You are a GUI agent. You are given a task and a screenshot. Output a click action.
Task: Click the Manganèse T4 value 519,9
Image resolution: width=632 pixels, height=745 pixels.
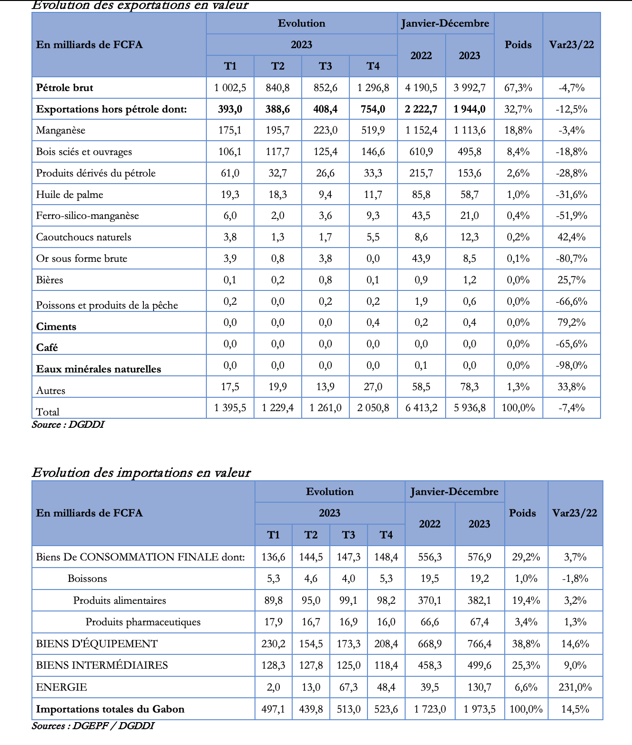(x=373, y=130)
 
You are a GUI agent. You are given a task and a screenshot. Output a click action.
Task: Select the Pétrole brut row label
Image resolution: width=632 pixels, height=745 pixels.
(x=64, y=88)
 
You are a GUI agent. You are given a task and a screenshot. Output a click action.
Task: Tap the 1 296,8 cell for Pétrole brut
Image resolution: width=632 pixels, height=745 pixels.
(x=373, y=88)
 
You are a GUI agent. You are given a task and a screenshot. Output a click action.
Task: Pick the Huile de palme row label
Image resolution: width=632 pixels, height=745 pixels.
(x=70, y=195)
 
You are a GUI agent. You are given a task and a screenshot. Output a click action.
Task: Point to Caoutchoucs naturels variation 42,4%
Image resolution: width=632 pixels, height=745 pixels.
(x=571, y=237)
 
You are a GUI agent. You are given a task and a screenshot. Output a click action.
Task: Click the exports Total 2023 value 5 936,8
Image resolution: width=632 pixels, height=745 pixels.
(x=469, y=408)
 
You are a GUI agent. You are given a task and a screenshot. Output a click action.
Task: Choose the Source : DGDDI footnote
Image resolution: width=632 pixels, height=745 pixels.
(x=68, y=424)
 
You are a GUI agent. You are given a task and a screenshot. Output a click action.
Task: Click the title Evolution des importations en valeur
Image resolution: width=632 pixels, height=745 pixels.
(x=141, y=473)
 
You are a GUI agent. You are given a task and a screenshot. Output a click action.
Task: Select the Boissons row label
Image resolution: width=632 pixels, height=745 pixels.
(x=87, y=579)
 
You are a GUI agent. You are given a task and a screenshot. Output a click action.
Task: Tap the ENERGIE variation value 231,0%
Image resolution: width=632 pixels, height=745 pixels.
(x=575, y=687)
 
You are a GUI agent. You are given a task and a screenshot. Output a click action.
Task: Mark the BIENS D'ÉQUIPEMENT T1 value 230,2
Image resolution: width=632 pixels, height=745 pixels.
(x=273, y=644)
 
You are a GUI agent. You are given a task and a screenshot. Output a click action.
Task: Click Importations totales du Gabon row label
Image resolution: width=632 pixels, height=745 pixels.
(x=110, y=709)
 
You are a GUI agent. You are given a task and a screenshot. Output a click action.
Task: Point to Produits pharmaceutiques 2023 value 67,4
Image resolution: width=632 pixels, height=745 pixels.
(x=479, y=622)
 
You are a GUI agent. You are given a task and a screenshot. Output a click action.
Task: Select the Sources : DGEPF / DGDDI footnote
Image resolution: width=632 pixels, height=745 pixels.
(x=93, y=726)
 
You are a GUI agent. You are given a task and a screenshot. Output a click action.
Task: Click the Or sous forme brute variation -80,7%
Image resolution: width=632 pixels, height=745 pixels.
(x=571, y=259)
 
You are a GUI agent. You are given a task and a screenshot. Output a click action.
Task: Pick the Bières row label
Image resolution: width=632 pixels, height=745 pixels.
(x=50, y=280)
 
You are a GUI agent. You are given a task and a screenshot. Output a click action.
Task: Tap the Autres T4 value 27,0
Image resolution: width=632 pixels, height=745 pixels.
(x=373, y=386)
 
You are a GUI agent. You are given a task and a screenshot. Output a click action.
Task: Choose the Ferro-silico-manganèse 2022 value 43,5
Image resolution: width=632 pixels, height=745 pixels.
(x=421, y=216)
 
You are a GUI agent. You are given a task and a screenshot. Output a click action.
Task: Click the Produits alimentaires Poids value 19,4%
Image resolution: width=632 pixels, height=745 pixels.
(x=526, y=600)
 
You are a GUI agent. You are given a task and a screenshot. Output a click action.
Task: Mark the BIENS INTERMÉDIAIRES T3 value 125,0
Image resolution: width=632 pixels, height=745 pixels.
(x=348, y=665)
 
